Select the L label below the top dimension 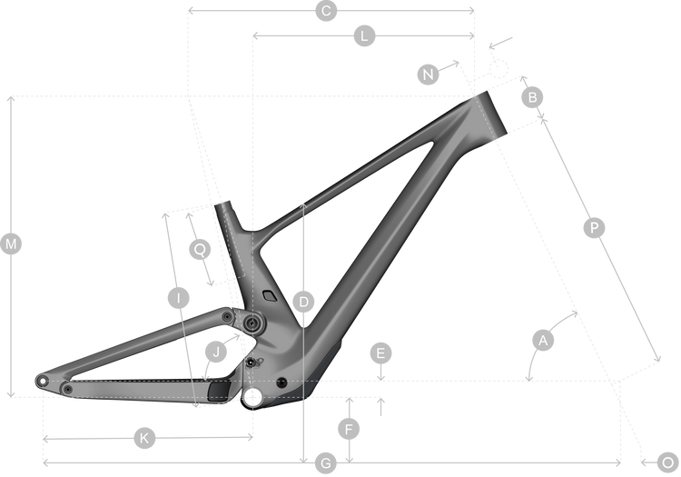[363, 36]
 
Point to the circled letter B [534, 96]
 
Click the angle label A [543, 341]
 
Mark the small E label [382, 353]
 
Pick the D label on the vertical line [304, 301]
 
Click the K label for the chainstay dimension [143, 438]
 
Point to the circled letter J [215, 351]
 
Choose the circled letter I [178, 298]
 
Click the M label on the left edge [11, 243]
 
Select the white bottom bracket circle [254, 396]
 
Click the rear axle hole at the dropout [42, 380]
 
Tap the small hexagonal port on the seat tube [268, 295]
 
